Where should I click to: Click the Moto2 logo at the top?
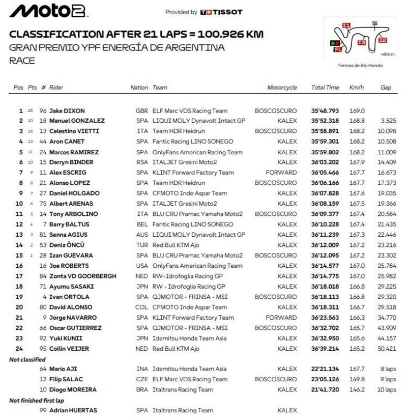coord(49,11)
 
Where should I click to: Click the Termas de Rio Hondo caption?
coord(360,65)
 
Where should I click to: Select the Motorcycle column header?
coord(282,88)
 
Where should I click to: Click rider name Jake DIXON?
coord(67,110)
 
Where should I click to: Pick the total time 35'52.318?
coord(325,121)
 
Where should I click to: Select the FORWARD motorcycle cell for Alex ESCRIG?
coord(284,173)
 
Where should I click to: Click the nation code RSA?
coord(141,162)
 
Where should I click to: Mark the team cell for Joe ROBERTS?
coord(197,266)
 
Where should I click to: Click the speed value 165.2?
coord(357,349)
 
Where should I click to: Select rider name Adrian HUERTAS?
coord(73,410)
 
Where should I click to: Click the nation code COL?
coord(141,307)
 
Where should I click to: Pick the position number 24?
coord(20,349)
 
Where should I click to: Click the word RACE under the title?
coord(22,61)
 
